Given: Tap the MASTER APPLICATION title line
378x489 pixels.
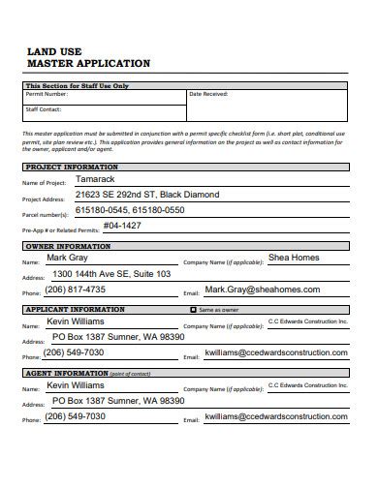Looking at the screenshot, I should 88,64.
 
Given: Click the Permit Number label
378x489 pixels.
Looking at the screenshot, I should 47,94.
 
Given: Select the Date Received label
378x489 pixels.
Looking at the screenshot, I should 209,94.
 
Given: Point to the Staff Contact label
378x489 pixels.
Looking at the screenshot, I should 45,109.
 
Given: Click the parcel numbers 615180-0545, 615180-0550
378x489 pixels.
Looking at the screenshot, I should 129,209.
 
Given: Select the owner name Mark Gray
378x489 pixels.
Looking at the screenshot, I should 67,259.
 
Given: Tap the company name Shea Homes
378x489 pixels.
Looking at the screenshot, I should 293,259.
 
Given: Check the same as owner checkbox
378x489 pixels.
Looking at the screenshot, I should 192,309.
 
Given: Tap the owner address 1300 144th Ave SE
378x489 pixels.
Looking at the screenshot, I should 111,273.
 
